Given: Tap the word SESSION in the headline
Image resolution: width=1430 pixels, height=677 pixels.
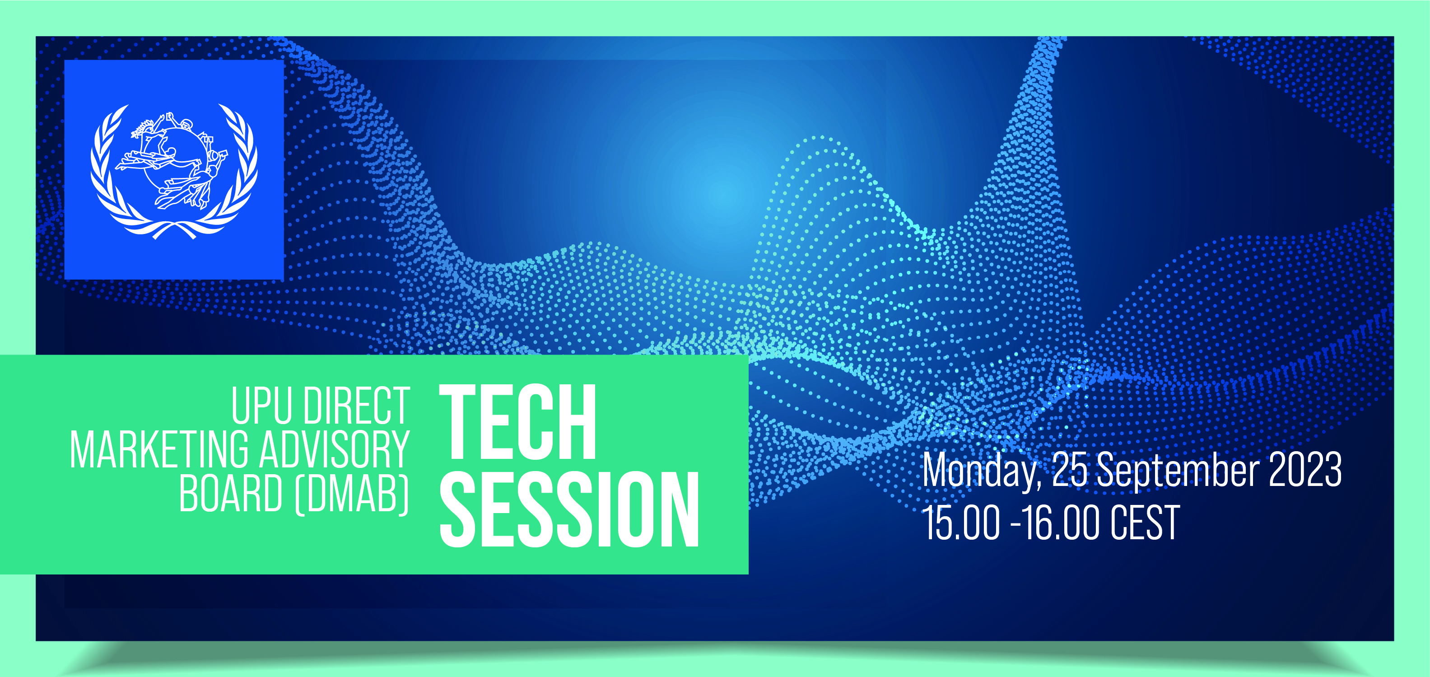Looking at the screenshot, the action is [x=569, y=509].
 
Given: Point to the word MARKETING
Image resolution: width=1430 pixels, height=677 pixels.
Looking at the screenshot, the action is [x=159, y=450].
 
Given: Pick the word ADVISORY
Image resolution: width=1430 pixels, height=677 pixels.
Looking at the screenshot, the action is [x=335, y=450].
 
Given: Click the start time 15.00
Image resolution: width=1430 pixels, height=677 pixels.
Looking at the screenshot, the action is [x=961, y=523].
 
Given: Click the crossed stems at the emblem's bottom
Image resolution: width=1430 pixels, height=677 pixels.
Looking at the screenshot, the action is [x=174, y=229].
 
